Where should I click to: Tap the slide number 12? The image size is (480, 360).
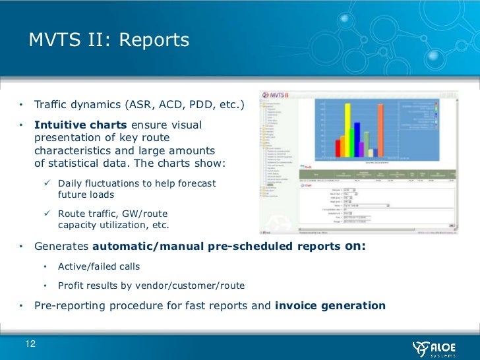click(31, 344)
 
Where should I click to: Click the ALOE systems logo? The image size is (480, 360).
click(436, 347)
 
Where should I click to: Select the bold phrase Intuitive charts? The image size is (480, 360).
click(81, 125)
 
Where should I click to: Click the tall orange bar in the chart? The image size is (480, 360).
click(380, 132)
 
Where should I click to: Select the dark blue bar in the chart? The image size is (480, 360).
click(355, 138)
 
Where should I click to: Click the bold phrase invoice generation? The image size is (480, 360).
click(330, 305)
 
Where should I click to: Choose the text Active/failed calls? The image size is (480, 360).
click(99, 267)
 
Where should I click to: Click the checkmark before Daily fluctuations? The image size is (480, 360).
click(48, 183)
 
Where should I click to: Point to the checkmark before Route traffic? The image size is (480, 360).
click(48, 214)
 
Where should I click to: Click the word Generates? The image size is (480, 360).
click(61, 246)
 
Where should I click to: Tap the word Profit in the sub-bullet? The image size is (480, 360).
click(71, 286)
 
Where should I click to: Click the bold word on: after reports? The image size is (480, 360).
click(355, 246)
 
